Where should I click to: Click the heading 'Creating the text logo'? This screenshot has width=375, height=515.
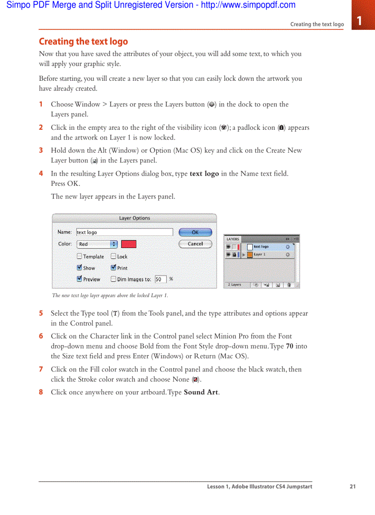[x=83, y=42]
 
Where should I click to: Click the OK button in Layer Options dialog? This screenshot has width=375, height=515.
[x=195, y=233]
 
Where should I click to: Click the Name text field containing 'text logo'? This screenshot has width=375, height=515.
[x=124, y=233]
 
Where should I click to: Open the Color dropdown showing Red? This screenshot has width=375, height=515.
[x=97, y=244]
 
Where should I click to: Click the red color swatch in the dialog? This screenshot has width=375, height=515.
[x=129, y=244]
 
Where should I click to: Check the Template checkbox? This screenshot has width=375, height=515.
[x=80, y=257]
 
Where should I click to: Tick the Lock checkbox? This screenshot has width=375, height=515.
[x=114, y=257]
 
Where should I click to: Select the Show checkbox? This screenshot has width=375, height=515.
[x=80, y=268]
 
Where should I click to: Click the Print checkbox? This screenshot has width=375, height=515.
[x=114, y=268]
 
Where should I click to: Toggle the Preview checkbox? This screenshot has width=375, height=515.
[x=80, y=279]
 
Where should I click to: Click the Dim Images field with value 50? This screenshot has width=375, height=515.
[x=160, y=279]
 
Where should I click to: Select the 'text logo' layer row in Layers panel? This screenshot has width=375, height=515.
[x=267, y=247]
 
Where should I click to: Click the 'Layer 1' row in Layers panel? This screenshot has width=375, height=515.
[x=267, y=255]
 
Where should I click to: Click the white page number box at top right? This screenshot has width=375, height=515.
[x=359, y=21]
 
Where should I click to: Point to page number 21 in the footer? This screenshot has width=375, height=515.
[x=352, y=487]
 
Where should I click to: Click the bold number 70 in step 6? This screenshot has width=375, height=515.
[x=290, y=346]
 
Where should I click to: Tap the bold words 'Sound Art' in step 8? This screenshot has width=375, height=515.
[x=201, y=392]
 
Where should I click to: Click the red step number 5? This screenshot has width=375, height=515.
[x=41, y=314]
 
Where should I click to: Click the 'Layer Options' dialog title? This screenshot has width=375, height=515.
[x=134, y=218]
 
